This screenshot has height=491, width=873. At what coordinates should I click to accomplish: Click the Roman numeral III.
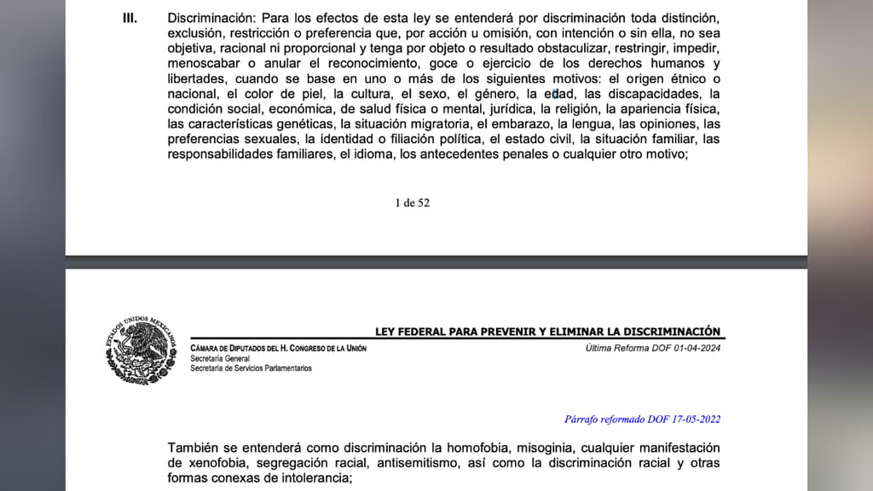pos(130,18)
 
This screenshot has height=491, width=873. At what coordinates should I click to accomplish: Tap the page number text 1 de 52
pos(413,203)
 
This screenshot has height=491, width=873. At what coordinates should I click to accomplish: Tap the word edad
pos(558,94)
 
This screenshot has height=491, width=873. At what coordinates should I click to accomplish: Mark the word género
pos(493,94)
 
